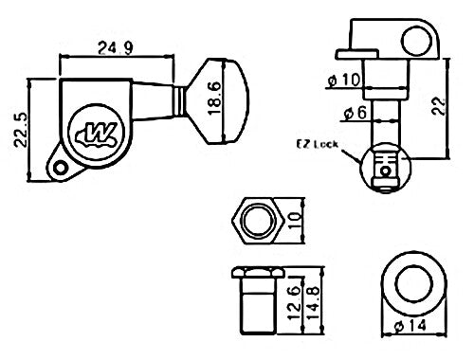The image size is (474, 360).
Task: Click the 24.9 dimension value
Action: (115, 48)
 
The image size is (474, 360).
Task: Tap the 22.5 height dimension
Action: (21, 130)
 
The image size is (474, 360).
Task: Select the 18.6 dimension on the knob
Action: (214, 99)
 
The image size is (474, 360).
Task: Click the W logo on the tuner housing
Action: (96, 133)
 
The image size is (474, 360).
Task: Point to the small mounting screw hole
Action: (59, 168)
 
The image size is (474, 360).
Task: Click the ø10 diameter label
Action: (343, 80)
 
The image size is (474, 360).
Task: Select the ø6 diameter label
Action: (355, 112)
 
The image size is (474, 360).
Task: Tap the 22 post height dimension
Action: (439, 106)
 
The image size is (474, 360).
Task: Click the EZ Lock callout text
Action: (317, 144)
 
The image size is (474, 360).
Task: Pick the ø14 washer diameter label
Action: (410, 325)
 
